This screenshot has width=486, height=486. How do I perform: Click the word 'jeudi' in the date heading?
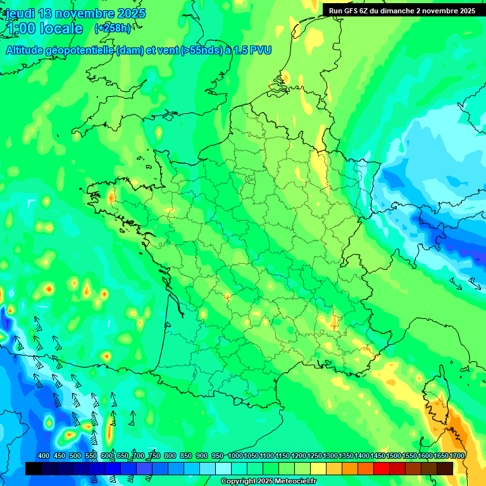point(20,13)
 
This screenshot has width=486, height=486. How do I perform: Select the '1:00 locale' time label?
point(44,28)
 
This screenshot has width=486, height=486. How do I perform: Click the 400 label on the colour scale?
point(44,456)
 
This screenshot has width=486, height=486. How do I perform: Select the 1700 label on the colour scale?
point(457,456)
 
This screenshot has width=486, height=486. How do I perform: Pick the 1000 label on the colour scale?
point(235,456)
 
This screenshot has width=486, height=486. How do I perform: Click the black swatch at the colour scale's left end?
point(33,468)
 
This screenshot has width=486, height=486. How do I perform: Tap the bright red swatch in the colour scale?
point(381,468)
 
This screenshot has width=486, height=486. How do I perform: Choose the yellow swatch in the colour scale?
point(318,468)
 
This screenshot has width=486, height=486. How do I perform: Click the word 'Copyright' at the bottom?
point(238,482)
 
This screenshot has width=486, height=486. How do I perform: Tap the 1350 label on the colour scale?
point(346,456)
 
